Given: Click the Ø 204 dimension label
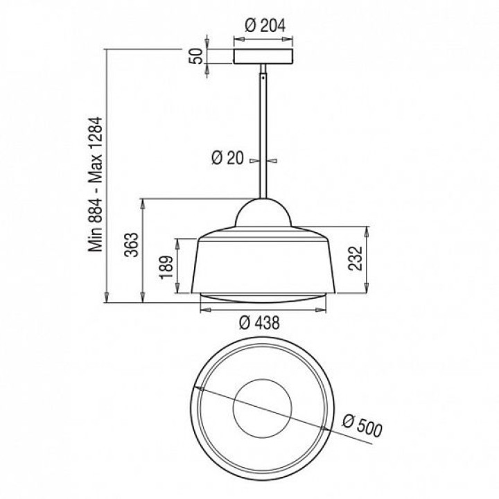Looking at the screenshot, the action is point(265,26).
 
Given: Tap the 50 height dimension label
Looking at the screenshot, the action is point(197,56).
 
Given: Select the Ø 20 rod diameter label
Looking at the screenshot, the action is point(227,158).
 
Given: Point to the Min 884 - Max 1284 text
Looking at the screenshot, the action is point(96,184).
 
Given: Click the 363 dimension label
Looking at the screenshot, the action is point(132,245).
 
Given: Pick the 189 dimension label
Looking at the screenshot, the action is point(166,268).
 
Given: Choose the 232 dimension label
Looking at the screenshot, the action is point(356,259).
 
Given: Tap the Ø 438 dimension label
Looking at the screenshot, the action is point(260,323).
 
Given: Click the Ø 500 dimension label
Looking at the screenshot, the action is point(362,426).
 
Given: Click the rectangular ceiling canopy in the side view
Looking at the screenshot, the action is point(263,56).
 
